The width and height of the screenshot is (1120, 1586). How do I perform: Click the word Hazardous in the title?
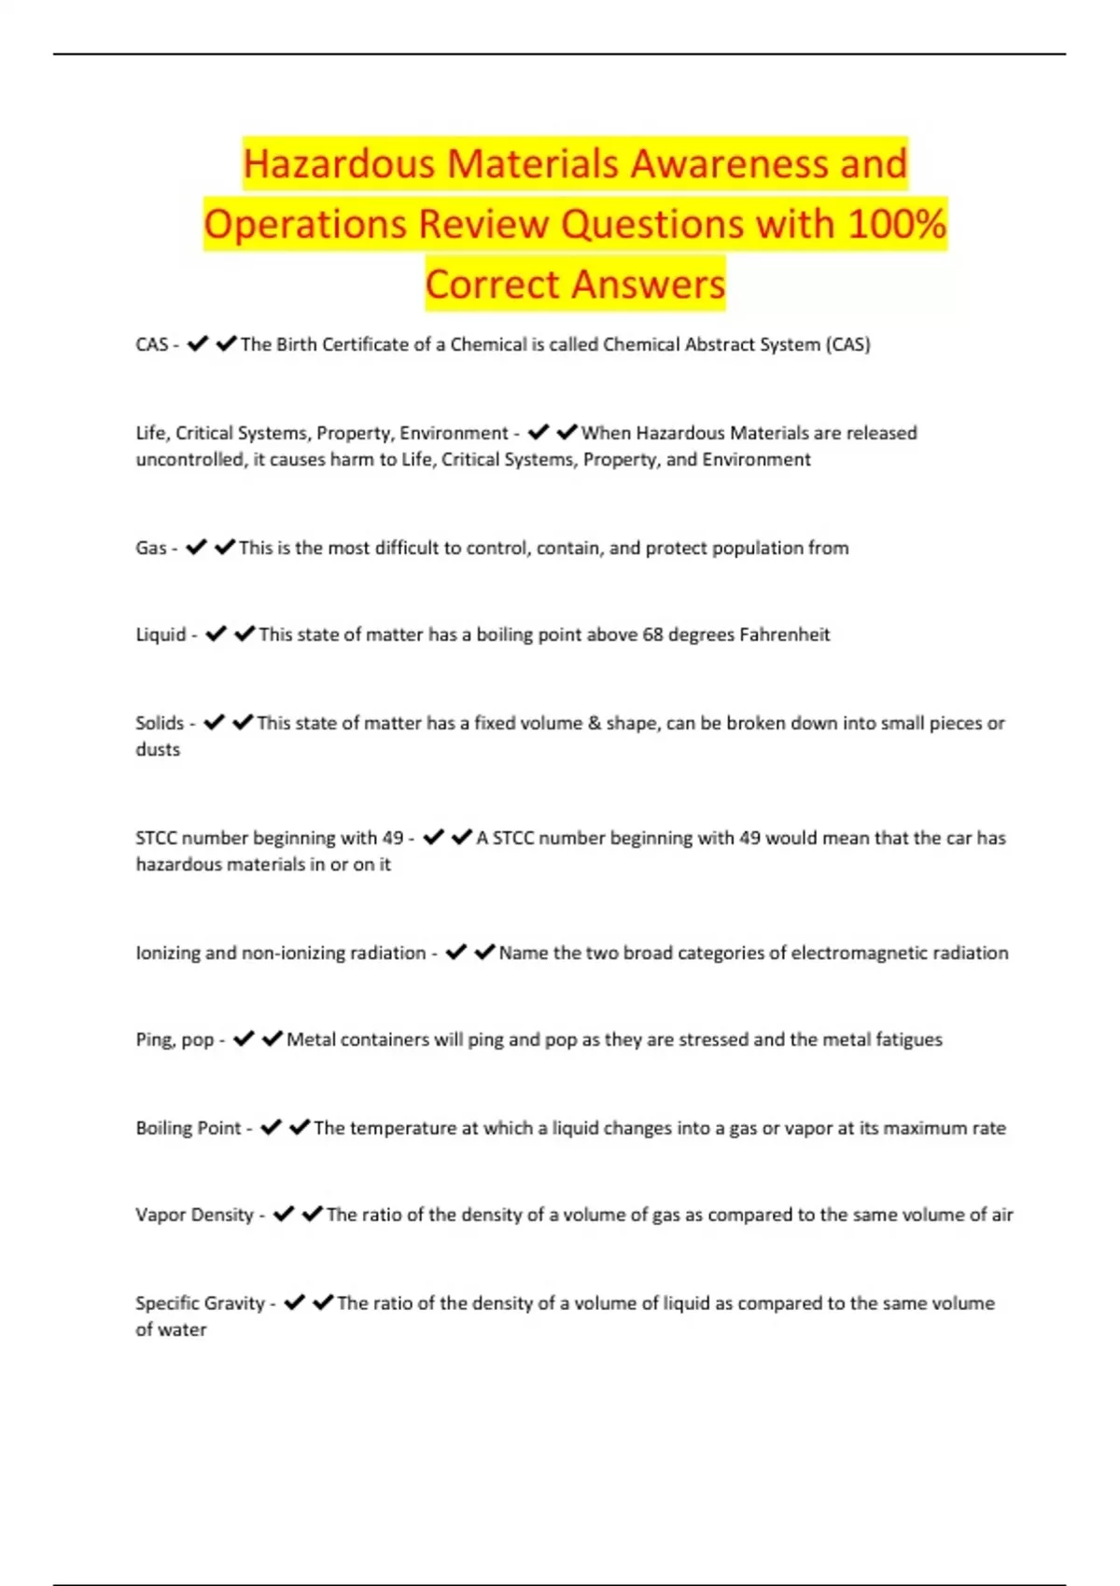pos(338,164)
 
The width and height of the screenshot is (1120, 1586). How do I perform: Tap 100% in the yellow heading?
pos(897,224)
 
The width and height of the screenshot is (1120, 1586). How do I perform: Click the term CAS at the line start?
pos(151,344)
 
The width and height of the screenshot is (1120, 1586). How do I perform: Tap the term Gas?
pos(150,548)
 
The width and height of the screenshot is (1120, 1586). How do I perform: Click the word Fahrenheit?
pos(784,634)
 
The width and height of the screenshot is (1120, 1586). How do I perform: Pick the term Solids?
pos(160,723)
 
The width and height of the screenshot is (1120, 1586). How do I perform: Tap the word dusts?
pos(158,749)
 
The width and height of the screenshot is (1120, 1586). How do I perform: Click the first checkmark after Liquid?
pos(216,634)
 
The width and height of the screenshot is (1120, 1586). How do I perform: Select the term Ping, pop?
pos(175,1039)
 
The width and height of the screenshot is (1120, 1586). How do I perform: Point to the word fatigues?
pos(908,1039)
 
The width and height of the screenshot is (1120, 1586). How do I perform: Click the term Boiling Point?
pos(189,1128)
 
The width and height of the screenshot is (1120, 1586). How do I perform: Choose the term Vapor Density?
pos(194,1215)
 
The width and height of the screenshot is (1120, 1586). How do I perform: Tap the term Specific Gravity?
pos(200,1303)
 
